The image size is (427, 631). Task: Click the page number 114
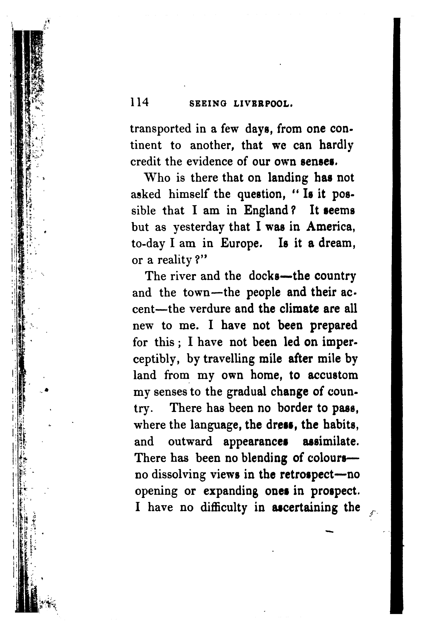pos(140,103)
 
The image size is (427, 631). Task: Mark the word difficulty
pos(224,508)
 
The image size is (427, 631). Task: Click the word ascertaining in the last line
pos(304,508)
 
